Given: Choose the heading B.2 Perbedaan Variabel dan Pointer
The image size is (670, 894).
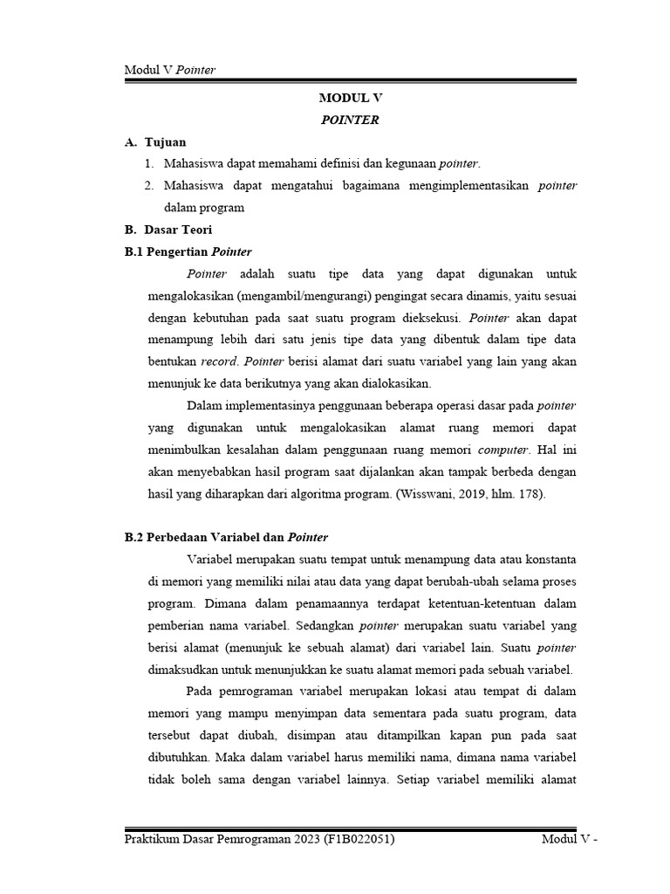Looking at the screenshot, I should (x=226, y=537).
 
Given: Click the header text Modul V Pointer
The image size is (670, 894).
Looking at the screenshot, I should (x=170, y=70).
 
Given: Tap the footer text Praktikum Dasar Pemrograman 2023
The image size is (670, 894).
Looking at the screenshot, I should (x=222, y=839).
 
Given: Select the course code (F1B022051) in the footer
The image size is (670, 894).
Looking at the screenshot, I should (x=358, y=839).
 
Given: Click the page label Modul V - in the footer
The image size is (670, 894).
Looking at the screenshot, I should (x=570, y=839).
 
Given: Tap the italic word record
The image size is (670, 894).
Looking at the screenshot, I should (x=219, y=361).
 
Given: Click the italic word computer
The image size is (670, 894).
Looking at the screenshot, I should (x=503, y=450).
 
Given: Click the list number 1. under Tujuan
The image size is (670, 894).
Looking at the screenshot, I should (x=149, y=163).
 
